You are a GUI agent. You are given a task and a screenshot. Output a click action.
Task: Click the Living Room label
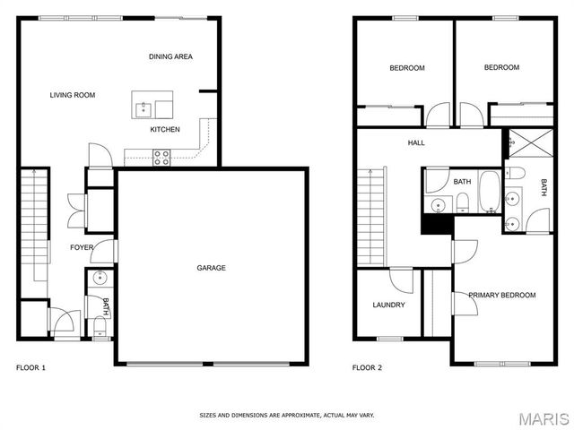(x=73, y=95)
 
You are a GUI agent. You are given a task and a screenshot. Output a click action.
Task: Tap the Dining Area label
(x=170, y=56)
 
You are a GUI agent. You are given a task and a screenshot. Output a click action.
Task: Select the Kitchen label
(x=165, y=129)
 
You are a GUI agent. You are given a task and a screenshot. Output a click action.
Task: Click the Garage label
(x=212, y=268)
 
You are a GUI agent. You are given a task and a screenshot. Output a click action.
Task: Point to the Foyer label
(x=82, y=247)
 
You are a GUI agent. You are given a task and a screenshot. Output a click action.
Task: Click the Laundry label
(x=388, y=305)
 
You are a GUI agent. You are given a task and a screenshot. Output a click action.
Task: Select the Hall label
(x=416, y=142)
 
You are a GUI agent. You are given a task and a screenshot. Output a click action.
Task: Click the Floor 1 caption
(x=30, y=367)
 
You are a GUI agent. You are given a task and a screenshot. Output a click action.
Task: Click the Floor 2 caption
(x=367, y=367)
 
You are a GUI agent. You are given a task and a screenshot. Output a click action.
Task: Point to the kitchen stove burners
(x=162, y=158)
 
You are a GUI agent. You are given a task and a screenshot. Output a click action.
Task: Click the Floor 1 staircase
(x=33, y=224)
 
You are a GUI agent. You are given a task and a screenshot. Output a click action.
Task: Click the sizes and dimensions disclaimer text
(x=287, y=415)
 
